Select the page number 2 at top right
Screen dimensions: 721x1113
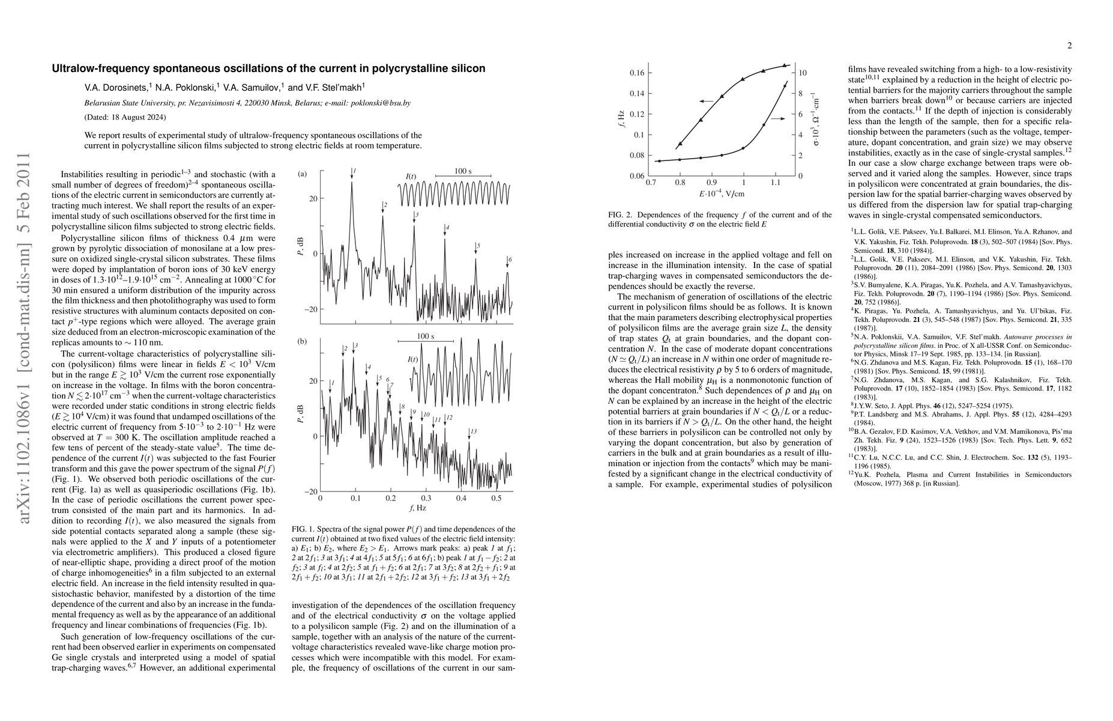pos(1069,46)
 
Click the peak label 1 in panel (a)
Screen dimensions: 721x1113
pos(355,171)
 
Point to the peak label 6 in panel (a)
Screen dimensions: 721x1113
pos(510,260)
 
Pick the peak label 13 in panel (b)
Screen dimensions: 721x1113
pos(474,431)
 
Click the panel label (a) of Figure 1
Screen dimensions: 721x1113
pos(303,174)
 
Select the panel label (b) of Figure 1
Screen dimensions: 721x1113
pos(303,341)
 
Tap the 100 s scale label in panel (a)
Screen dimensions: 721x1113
pos(462,171)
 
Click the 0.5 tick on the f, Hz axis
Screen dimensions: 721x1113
pos(496,498)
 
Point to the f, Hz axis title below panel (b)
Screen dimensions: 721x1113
pos(418,508)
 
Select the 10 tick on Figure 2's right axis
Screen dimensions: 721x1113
pos(803,73)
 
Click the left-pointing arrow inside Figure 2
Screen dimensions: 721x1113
pos(706,101)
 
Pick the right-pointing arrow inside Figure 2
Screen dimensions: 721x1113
pos(777,119)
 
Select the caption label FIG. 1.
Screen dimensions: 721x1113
pos(303,529)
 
